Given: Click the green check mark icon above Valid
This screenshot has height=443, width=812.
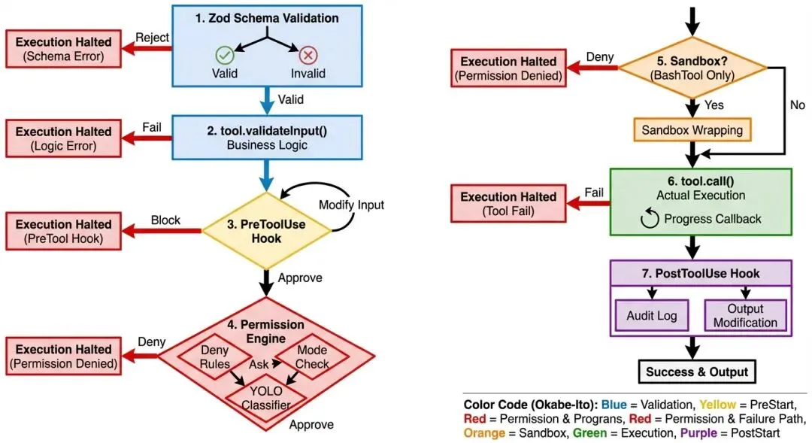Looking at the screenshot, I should [224, 55].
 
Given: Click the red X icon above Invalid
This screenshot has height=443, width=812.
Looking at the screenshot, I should [308, 55].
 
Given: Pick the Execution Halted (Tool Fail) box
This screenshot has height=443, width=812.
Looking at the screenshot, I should [508, 205].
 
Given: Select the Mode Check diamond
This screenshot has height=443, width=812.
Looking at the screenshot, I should [312, 357].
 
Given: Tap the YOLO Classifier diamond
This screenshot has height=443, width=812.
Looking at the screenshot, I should [265, 399].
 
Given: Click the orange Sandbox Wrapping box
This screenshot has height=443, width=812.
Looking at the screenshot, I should [692, 130].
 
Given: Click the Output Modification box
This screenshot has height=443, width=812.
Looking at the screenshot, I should [745, 316].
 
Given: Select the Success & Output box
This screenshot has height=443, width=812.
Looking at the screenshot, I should [698, 372].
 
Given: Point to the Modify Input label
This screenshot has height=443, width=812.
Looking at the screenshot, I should [350, 205].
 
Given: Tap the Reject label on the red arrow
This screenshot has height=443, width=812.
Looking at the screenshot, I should [152, 38].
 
